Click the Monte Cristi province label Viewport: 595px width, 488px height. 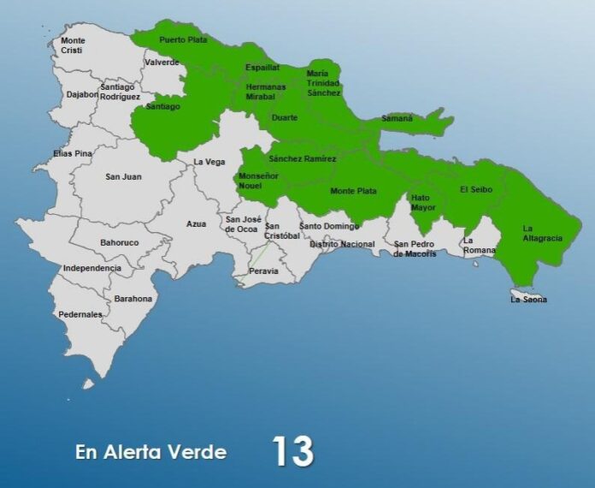[x=73, y=45]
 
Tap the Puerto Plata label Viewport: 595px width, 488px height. [x=183, y=39]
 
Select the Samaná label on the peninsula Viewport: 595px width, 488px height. [x=397, y=118]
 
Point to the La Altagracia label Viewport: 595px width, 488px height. [x=542, y=233]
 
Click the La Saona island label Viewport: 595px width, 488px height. [x=528, y=300]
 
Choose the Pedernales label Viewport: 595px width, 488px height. [x=80, y=314]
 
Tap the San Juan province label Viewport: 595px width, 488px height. [x=123, y=176]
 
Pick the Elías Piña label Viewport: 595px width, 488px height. [x=72, y=155]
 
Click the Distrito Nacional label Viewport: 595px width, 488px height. [x=342, y=244]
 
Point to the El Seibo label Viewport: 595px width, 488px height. [x=475, y=189]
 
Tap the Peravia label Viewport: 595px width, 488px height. [x=263, y=271]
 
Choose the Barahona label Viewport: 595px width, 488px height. [x=133, y=299]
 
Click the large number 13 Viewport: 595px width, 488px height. [x=292, y=451]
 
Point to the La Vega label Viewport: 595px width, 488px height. [x=209, y=162]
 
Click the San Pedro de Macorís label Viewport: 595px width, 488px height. [x=415, y=248]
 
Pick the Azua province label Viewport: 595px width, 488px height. [x=197, y=223]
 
